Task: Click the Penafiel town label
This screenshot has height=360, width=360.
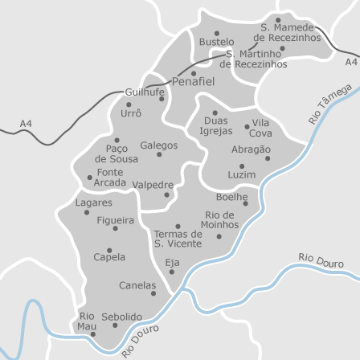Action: tap(194, 82)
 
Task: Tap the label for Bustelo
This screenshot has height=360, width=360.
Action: tap(216, 41)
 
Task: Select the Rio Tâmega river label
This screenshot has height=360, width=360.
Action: tap(330, 104)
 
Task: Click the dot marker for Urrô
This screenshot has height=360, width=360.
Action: tap(129, 104)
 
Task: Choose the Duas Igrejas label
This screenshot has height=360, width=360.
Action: tap(216, 125)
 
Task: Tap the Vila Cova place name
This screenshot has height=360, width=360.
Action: tap(260, 129)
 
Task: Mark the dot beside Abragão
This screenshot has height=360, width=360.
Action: tap(268, 158)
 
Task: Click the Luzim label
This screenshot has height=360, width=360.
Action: tap(241, 174)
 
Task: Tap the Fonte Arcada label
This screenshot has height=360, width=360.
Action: tap(110, 177)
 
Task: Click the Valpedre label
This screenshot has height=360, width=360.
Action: tap(152, 184)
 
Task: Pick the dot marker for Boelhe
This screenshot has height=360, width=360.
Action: tap(246, 204)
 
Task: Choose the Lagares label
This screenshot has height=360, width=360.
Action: tap(94, 202)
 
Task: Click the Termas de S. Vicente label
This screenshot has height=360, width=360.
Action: tap(178, 238)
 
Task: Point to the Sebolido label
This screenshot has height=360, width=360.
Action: tap(121, 317)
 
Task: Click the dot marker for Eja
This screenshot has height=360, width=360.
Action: tap(171, 271)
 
